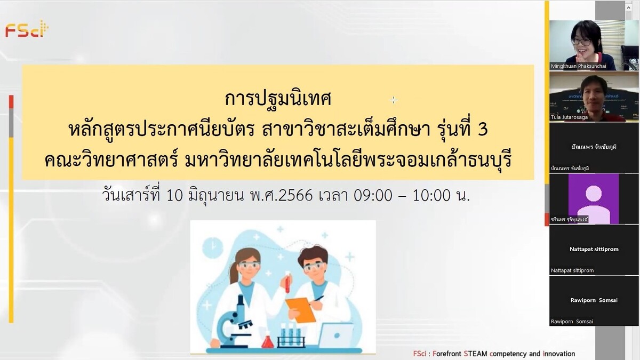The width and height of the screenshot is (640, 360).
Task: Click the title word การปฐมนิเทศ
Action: click(x=278, y=99)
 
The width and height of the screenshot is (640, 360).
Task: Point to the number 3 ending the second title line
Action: click(x=482, y=129)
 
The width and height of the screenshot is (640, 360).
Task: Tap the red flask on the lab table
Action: click(x=267, y=340)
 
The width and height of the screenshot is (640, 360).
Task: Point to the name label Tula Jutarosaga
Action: click(x=570, y=117)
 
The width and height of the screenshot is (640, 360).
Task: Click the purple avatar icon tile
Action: click(x=593, y=198)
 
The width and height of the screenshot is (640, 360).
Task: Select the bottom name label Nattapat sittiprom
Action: click(x=572, y=270)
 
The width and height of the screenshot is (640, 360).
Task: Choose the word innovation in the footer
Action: click(x=558, y=354)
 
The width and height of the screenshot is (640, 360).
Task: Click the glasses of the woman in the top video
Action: click(x=581, y=41)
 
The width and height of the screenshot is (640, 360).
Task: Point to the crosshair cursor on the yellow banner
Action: click(x=394, y=100)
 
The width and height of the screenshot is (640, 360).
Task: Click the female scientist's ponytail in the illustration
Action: click(x=233, y=272)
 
